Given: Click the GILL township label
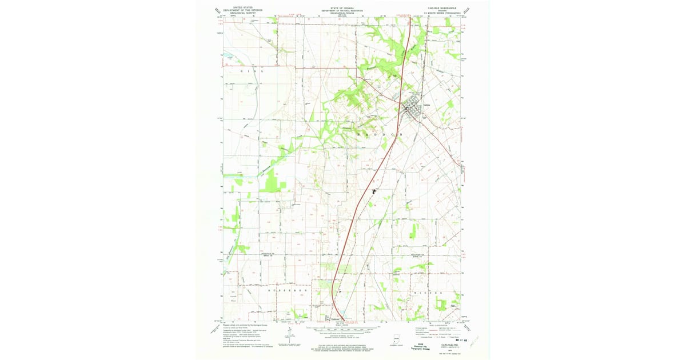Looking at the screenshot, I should (249, 71).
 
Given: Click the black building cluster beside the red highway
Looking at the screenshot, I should (374, 191).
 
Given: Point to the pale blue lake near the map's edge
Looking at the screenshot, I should (228, 57).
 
